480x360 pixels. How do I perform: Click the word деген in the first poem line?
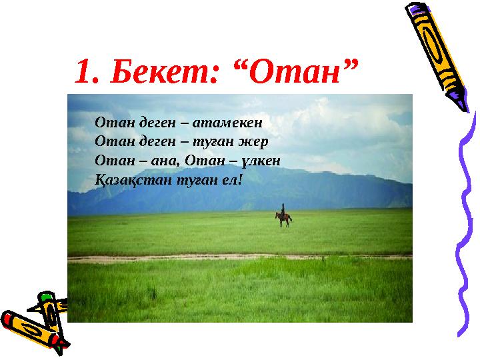(145, 123)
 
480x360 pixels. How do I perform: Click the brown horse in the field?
(283, 219)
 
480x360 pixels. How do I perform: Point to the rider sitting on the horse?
(283, 210)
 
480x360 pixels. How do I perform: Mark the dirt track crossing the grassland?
(240, 257)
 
